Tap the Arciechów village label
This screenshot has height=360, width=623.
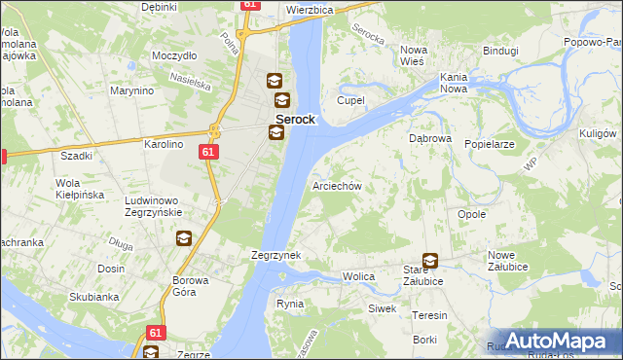pyautogui.click(x=337, y=186)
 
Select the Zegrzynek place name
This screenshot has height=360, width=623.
pyautogui.click(x=275, y=255)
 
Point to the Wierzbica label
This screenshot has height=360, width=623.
pyautogui.click(x=311, y=9)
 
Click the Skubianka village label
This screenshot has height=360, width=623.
pyautogui.click(x=93, y=297)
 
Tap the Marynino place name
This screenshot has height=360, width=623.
pyautogui.click(x=132, y=91)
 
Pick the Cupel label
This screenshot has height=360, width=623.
pyautogui.click(x=349, y=100)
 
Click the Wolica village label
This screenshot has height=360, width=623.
pyautogui.click(x=358, y=277)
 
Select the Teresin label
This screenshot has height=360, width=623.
pyautogui.click(x=428, y=315)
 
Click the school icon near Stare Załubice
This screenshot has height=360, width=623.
pyautogui.click(x=429, y=261)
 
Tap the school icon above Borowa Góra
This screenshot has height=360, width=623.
pyautogui.click(x=183, y=237)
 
